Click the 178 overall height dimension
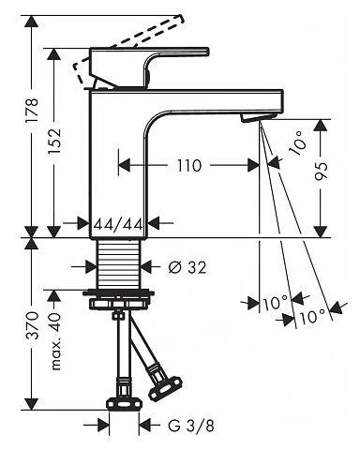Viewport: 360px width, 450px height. pos(32,111)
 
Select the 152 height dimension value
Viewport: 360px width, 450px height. pos(53,142)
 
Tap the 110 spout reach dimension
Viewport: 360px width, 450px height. pos(189,165)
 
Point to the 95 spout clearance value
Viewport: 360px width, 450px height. pos(322,172)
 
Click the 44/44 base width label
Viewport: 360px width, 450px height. pos(118,224)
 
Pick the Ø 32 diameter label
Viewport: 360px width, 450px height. pos(187,267)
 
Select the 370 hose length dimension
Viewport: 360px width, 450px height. pos(32,325)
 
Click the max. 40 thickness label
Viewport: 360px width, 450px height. pos(55,341)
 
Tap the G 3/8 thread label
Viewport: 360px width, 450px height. pos(191,426)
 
